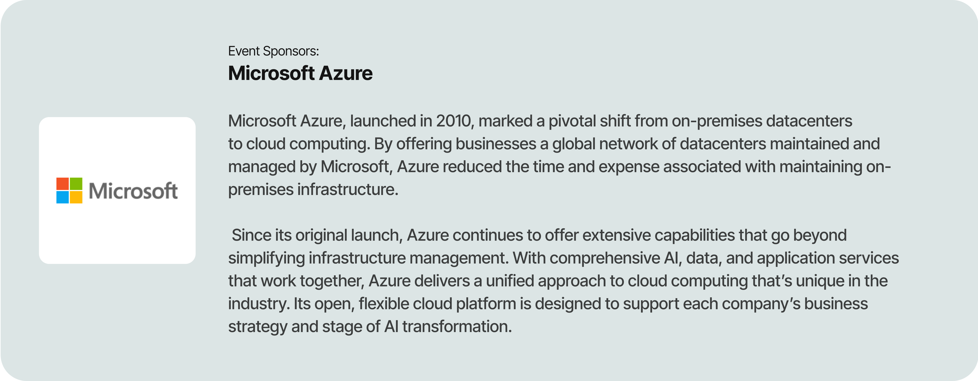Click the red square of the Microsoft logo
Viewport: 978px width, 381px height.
point(63,184)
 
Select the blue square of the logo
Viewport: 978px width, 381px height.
point(63,197)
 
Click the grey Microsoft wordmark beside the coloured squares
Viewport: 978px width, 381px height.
point(133,191)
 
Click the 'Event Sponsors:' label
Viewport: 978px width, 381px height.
point(273,51)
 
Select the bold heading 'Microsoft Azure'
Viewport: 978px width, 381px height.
point(300,73)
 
